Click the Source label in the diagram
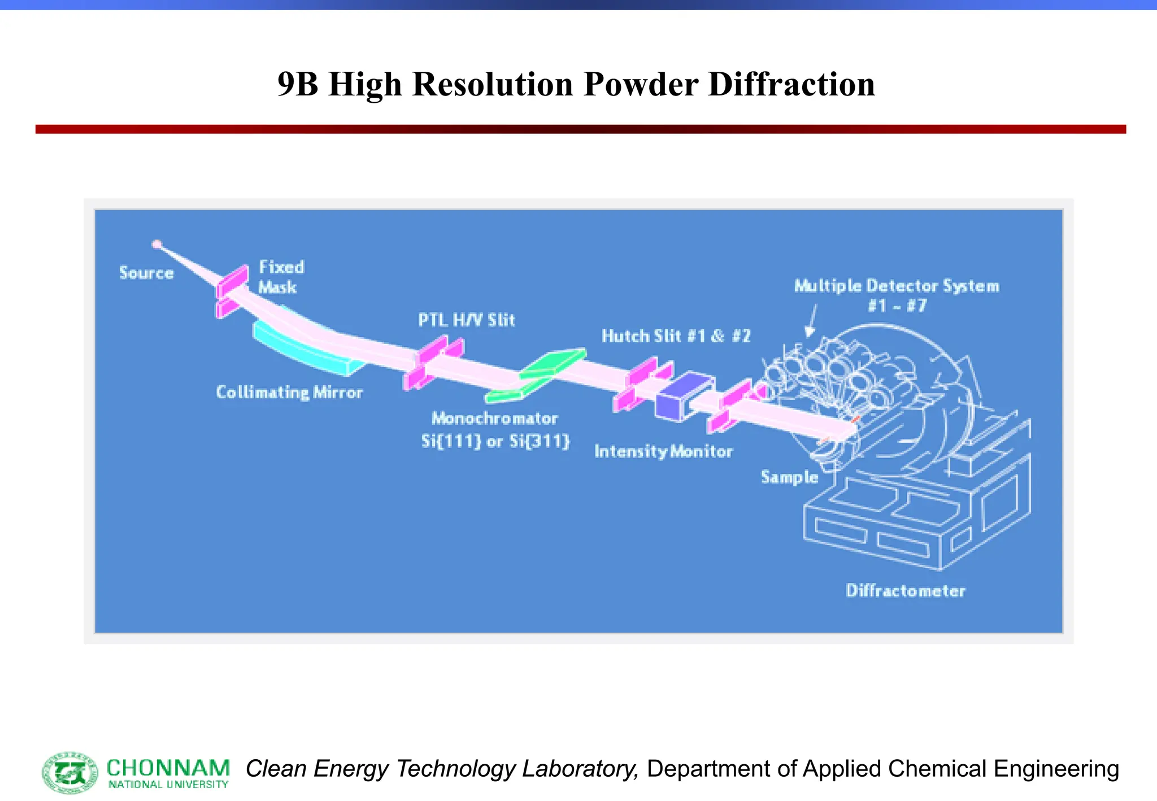pyautogui.click(x=146, y=273)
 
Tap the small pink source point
pyautogui.click(x=157, y=244)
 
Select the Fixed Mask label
pyautogui.click(x=281, y=277)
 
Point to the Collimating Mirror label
pyautogui.click(x=289, y=393)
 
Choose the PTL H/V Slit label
pyautogui.click(x=466, y=320)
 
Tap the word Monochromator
pyautogui.click(x=494, y=419)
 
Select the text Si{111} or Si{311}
pyautogui.click(x=495, y=441)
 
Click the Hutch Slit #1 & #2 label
pyautogui.click(x=676, y=336)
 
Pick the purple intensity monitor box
pyautogui.click(x=683, y=396)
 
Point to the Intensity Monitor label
pyautogui.click(x=663, y=451)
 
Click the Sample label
pyautogui.click(x=789, y=477)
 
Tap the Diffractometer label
pyautogui.click(x=905, y=591)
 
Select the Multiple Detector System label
pyautogui.click(x=897, y=286)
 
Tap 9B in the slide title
pyautogui.click(x=298, y=84)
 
